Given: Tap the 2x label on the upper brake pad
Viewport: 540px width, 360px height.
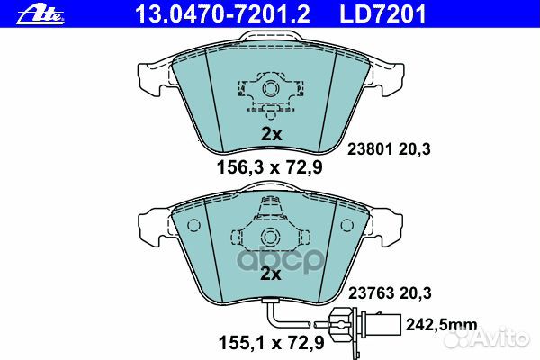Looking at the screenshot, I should [x=271, y=134].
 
